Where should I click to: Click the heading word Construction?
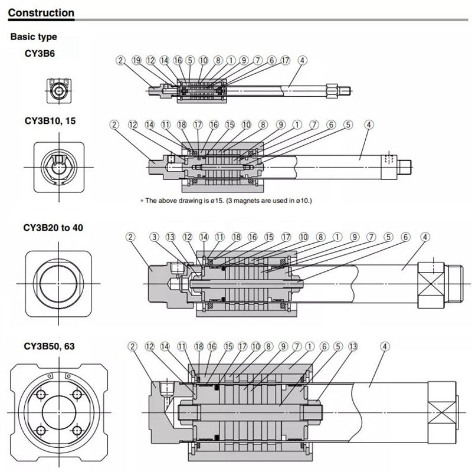click(41, 12)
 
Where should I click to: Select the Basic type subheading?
click(34, 37)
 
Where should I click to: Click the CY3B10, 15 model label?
click(50, 120)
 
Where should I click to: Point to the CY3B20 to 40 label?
click(53, 227)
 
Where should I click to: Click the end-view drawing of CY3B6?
click(59, 90)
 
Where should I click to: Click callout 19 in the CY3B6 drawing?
click(136, 60)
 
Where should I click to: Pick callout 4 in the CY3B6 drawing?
click(302, 60)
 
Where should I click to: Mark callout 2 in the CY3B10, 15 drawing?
click(114, 124)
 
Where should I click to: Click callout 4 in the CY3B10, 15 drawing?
click(369, 124)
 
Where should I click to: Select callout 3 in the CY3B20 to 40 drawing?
click(155, 237)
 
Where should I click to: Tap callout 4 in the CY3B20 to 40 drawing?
click(425, 237)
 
